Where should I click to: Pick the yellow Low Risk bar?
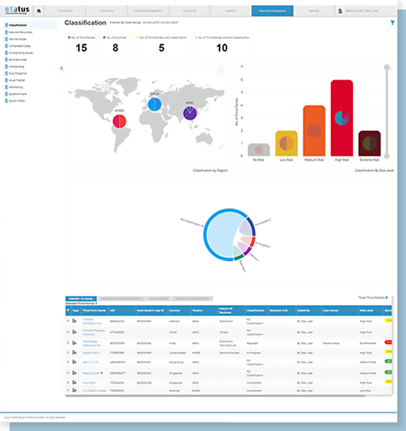click(286, 144)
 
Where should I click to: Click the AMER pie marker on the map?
click(120, 121)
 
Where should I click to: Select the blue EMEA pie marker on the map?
click(155, 103)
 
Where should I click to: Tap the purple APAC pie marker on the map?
click(190, 113)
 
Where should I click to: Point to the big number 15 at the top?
click(81, 48)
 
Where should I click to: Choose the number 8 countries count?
click(115, 48)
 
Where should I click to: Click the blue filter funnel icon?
click(393, 23)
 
